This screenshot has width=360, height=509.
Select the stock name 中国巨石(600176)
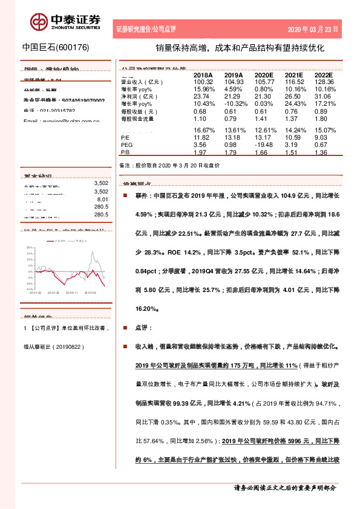pos(56,47)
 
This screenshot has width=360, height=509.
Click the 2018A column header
pos(201,75)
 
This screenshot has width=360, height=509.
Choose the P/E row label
pos(126,138)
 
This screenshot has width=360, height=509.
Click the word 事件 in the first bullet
pos(142,196)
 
